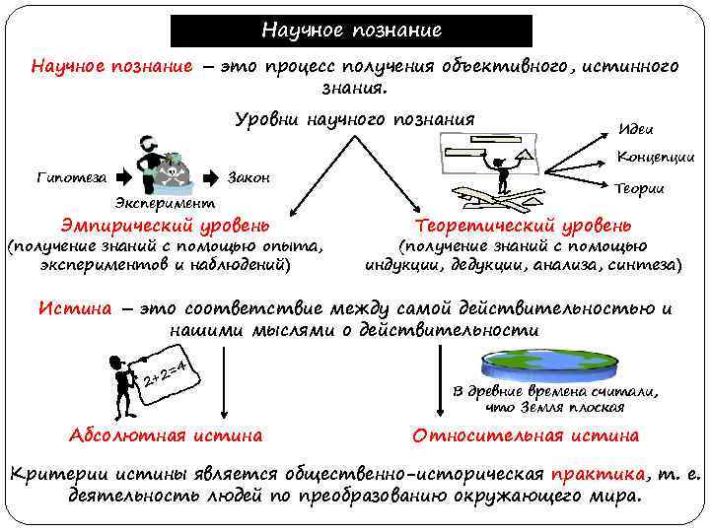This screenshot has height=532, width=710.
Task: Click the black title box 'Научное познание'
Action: pos(351,31)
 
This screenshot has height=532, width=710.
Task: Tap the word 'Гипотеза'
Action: pos(70,178)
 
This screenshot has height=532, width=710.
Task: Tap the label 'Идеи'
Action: pos(634,129)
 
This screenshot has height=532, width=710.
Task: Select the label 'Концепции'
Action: pos(655,157)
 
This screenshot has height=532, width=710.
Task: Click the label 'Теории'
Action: pos(638,188)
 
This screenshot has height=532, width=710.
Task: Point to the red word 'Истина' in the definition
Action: pos(74,307)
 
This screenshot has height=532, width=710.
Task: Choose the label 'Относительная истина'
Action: pos(526,435)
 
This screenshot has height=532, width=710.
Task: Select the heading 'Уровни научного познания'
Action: pos(354,120)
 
